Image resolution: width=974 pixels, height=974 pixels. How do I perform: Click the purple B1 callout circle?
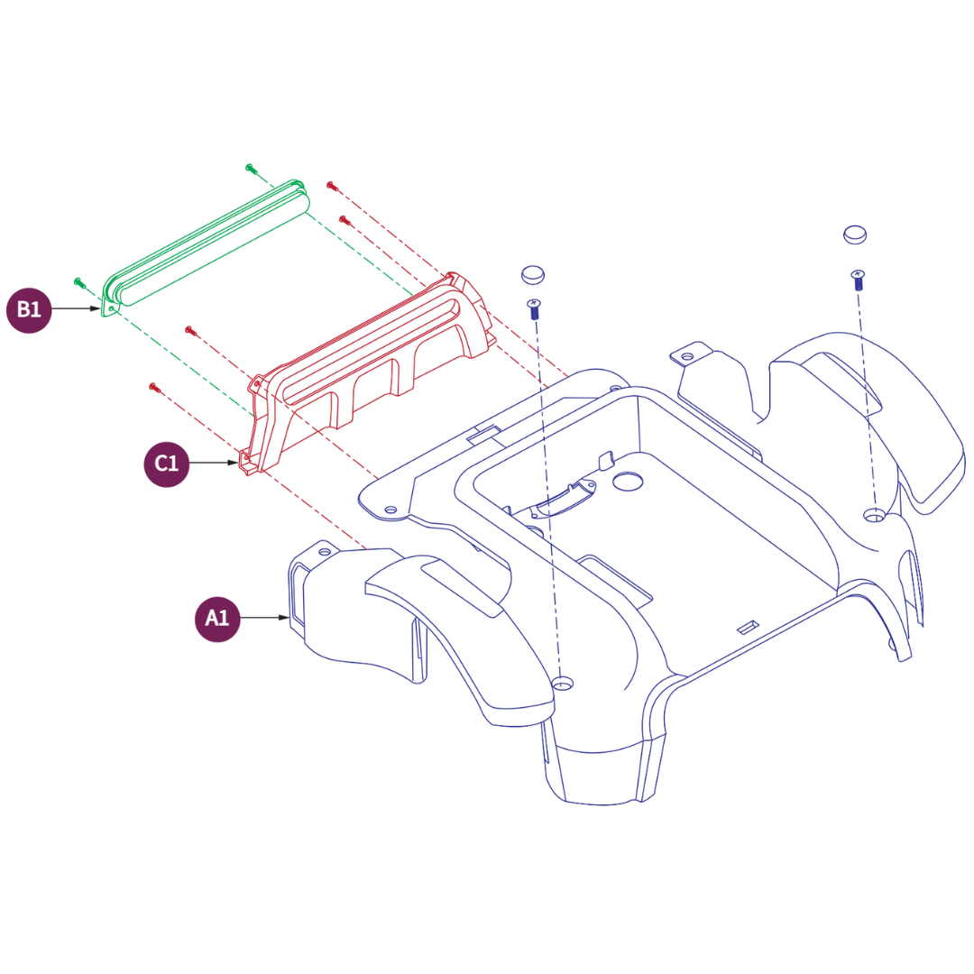coord(29,310)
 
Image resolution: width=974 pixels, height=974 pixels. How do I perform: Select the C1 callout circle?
coord(167,464)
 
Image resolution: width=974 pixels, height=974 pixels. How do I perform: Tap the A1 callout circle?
coord(217,619)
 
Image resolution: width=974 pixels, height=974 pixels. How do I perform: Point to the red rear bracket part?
coord(371,372)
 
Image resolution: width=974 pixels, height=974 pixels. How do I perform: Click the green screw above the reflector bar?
coord(251,169)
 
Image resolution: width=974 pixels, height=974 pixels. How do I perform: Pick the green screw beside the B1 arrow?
coord(78,282)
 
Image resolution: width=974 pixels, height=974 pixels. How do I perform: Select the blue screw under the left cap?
coord(534,308)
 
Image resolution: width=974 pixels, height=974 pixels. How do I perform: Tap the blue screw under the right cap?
coord(858,280)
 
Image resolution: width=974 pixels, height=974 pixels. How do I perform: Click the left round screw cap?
coord(533,274)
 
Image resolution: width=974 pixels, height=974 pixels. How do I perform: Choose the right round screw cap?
coord(855,234)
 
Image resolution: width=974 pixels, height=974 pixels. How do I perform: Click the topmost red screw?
coord(332,185)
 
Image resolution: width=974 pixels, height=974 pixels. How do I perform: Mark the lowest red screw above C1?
coord(155,388)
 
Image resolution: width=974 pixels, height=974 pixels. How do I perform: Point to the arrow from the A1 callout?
coord(264,618)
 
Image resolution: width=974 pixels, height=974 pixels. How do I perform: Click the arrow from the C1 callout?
coord(214,463)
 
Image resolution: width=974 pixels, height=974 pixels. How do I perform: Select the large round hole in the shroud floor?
coord(628,482)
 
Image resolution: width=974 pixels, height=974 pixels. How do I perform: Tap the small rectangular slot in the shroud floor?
coord(748,628)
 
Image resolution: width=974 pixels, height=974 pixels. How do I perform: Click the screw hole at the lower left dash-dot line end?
coord(562,684)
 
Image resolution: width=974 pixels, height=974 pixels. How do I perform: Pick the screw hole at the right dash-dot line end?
coord(875,514)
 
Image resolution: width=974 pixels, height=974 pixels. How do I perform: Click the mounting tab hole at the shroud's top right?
coord(687,356)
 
